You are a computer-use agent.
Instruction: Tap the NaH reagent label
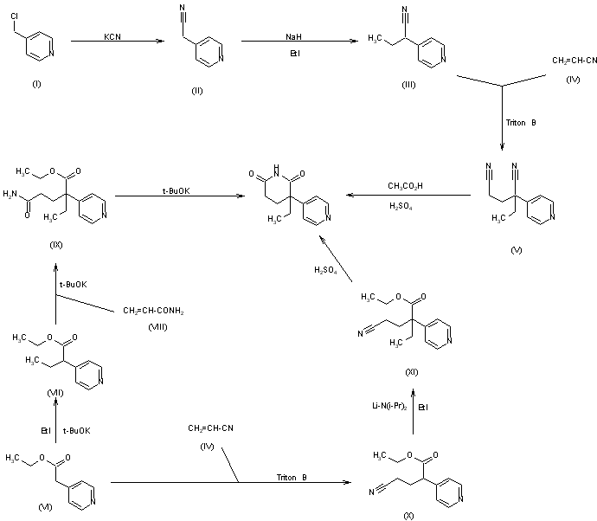[292, 37]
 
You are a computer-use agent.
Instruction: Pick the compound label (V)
[518, 250]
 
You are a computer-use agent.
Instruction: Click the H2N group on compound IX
[12, 194]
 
